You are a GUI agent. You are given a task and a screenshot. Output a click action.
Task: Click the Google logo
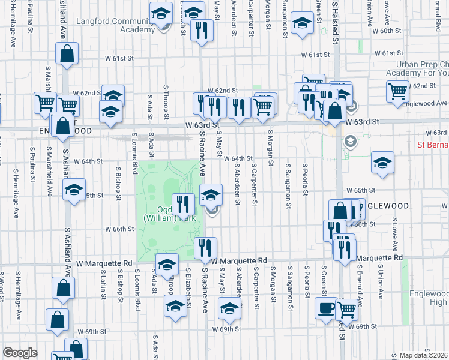(20, 353)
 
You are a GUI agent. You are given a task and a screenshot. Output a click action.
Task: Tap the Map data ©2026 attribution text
(423, 355)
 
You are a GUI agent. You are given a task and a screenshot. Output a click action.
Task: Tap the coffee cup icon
(326, 308)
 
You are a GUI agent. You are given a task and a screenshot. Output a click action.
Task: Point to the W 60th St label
(386, 31)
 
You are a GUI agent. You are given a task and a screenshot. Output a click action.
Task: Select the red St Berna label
(432, 145)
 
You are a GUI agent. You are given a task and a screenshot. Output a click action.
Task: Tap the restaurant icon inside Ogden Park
(184, 204)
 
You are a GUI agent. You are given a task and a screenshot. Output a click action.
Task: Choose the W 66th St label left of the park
(119, 229)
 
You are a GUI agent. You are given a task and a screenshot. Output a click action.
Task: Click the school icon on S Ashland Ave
(73, 190)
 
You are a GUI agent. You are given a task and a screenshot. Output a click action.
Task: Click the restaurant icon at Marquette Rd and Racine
(206, 247)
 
